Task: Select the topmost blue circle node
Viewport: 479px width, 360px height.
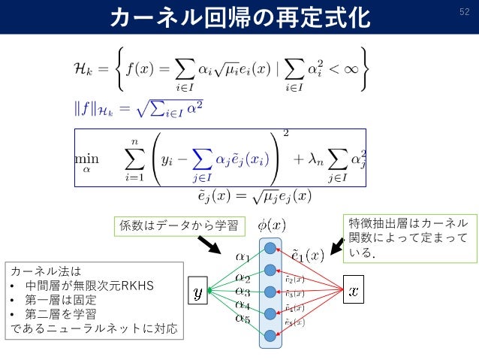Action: [270, 248]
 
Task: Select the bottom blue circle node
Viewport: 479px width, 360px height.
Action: [270, 335]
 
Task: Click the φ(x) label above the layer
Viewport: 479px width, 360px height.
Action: [271, 225]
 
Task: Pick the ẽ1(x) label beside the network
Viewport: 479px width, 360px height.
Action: [307, 255]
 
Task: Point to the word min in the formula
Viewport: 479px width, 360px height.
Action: [86, 160]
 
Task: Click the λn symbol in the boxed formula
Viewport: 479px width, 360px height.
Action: [309, 160]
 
